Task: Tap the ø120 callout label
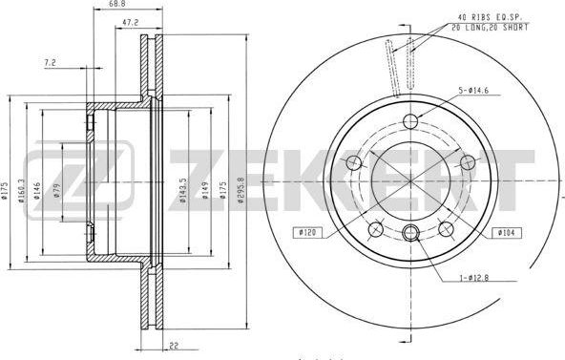coord(306,232)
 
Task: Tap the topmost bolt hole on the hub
coord(411,121)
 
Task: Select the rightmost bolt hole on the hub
coord(468,162)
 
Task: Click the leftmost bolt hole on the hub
coord(354,162)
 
